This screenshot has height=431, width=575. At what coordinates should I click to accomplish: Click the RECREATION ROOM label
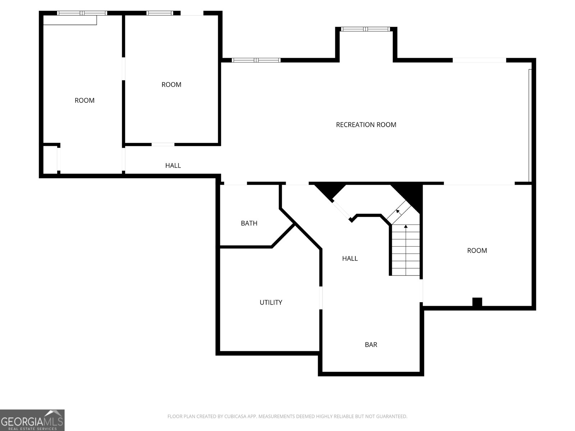click(x=366, y=125)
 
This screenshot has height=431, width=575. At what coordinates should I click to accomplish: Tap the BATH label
click(x=249, y=223)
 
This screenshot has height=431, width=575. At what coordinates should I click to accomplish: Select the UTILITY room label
click(x=271, y=302)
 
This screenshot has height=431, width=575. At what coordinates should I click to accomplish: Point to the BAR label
click(x=371, y=345)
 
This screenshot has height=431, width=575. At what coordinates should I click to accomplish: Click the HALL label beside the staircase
click(x=350, y=259)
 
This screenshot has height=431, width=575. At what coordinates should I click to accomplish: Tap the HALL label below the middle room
click(x=173, y=165)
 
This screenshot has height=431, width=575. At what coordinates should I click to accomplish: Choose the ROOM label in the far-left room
click(x=84, y=101)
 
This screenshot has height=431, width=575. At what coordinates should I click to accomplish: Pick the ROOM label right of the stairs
click(x=477, y=250)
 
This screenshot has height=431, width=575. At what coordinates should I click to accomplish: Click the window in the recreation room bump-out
click(x=365, y=29)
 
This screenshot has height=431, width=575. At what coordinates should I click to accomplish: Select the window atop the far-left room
click(x=82, y=13)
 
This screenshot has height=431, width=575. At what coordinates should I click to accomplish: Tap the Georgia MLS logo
click(x=32, y=420)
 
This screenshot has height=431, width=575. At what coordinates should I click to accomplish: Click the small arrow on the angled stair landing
click(x=399, y=212)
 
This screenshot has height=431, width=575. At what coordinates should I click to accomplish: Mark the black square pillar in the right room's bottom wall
click(x=477, y=302)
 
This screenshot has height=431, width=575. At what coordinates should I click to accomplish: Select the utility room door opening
click(x=321, y=298)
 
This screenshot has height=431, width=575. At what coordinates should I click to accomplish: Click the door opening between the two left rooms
click(x=123, y=69)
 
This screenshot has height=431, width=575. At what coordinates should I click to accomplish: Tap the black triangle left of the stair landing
click(x=330, y=191)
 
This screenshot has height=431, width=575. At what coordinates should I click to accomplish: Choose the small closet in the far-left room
click(x=50, y=159)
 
